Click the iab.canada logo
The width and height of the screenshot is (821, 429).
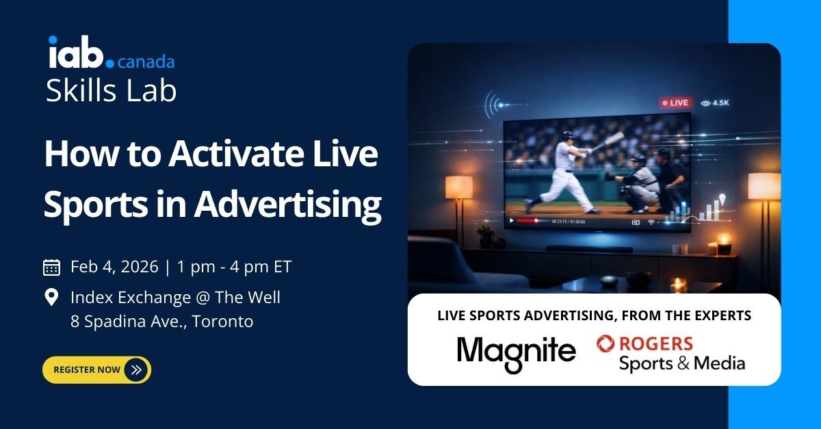110,53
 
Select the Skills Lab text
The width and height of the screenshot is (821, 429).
111,90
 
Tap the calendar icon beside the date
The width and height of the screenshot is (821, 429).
51,267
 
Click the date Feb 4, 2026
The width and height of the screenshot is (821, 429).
114,267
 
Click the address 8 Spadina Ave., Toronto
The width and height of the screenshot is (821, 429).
161,321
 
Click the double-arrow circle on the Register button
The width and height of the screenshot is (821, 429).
136,370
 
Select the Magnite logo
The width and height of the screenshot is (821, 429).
516,353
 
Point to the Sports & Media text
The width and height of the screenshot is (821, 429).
681,363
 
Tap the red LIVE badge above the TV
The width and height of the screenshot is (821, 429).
675,103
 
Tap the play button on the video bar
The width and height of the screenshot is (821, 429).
510,221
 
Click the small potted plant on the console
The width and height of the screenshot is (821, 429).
486,237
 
